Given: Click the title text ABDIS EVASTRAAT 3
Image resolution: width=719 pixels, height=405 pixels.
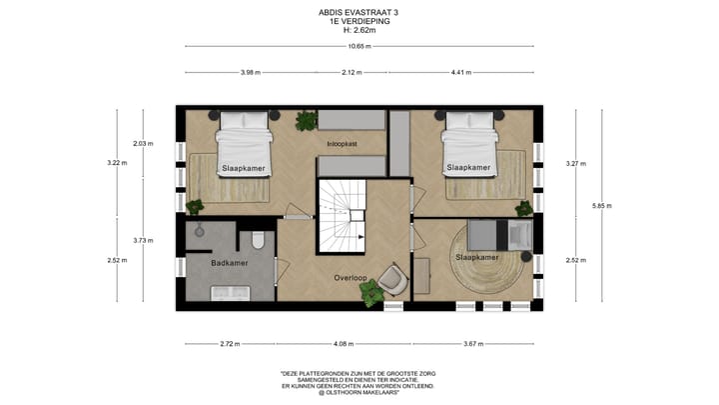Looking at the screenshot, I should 359,13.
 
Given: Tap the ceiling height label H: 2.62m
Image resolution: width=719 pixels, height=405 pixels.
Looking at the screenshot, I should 359,30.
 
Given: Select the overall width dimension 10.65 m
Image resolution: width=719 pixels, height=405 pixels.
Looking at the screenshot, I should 359,47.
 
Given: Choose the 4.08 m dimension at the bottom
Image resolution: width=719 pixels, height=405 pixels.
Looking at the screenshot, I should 343,343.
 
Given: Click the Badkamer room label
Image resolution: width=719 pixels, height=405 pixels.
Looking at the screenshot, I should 230,263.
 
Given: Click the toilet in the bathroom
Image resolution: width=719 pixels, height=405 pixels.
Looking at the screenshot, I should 257,240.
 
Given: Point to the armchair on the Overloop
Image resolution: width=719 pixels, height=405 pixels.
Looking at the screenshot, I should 392,280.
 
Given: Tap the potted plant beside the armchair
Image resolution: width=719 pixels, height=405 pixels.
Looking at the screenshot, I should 371,293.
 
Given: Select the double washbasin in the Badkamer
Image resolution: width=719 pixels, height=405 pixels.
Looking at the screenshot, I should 230,291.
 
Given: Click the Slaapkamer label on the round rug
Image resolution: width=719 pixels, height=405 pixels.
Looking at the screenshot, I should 476,257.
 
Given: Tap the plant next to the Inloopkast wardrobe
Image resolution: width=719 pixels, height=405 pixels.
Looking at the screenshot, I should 304,122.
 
